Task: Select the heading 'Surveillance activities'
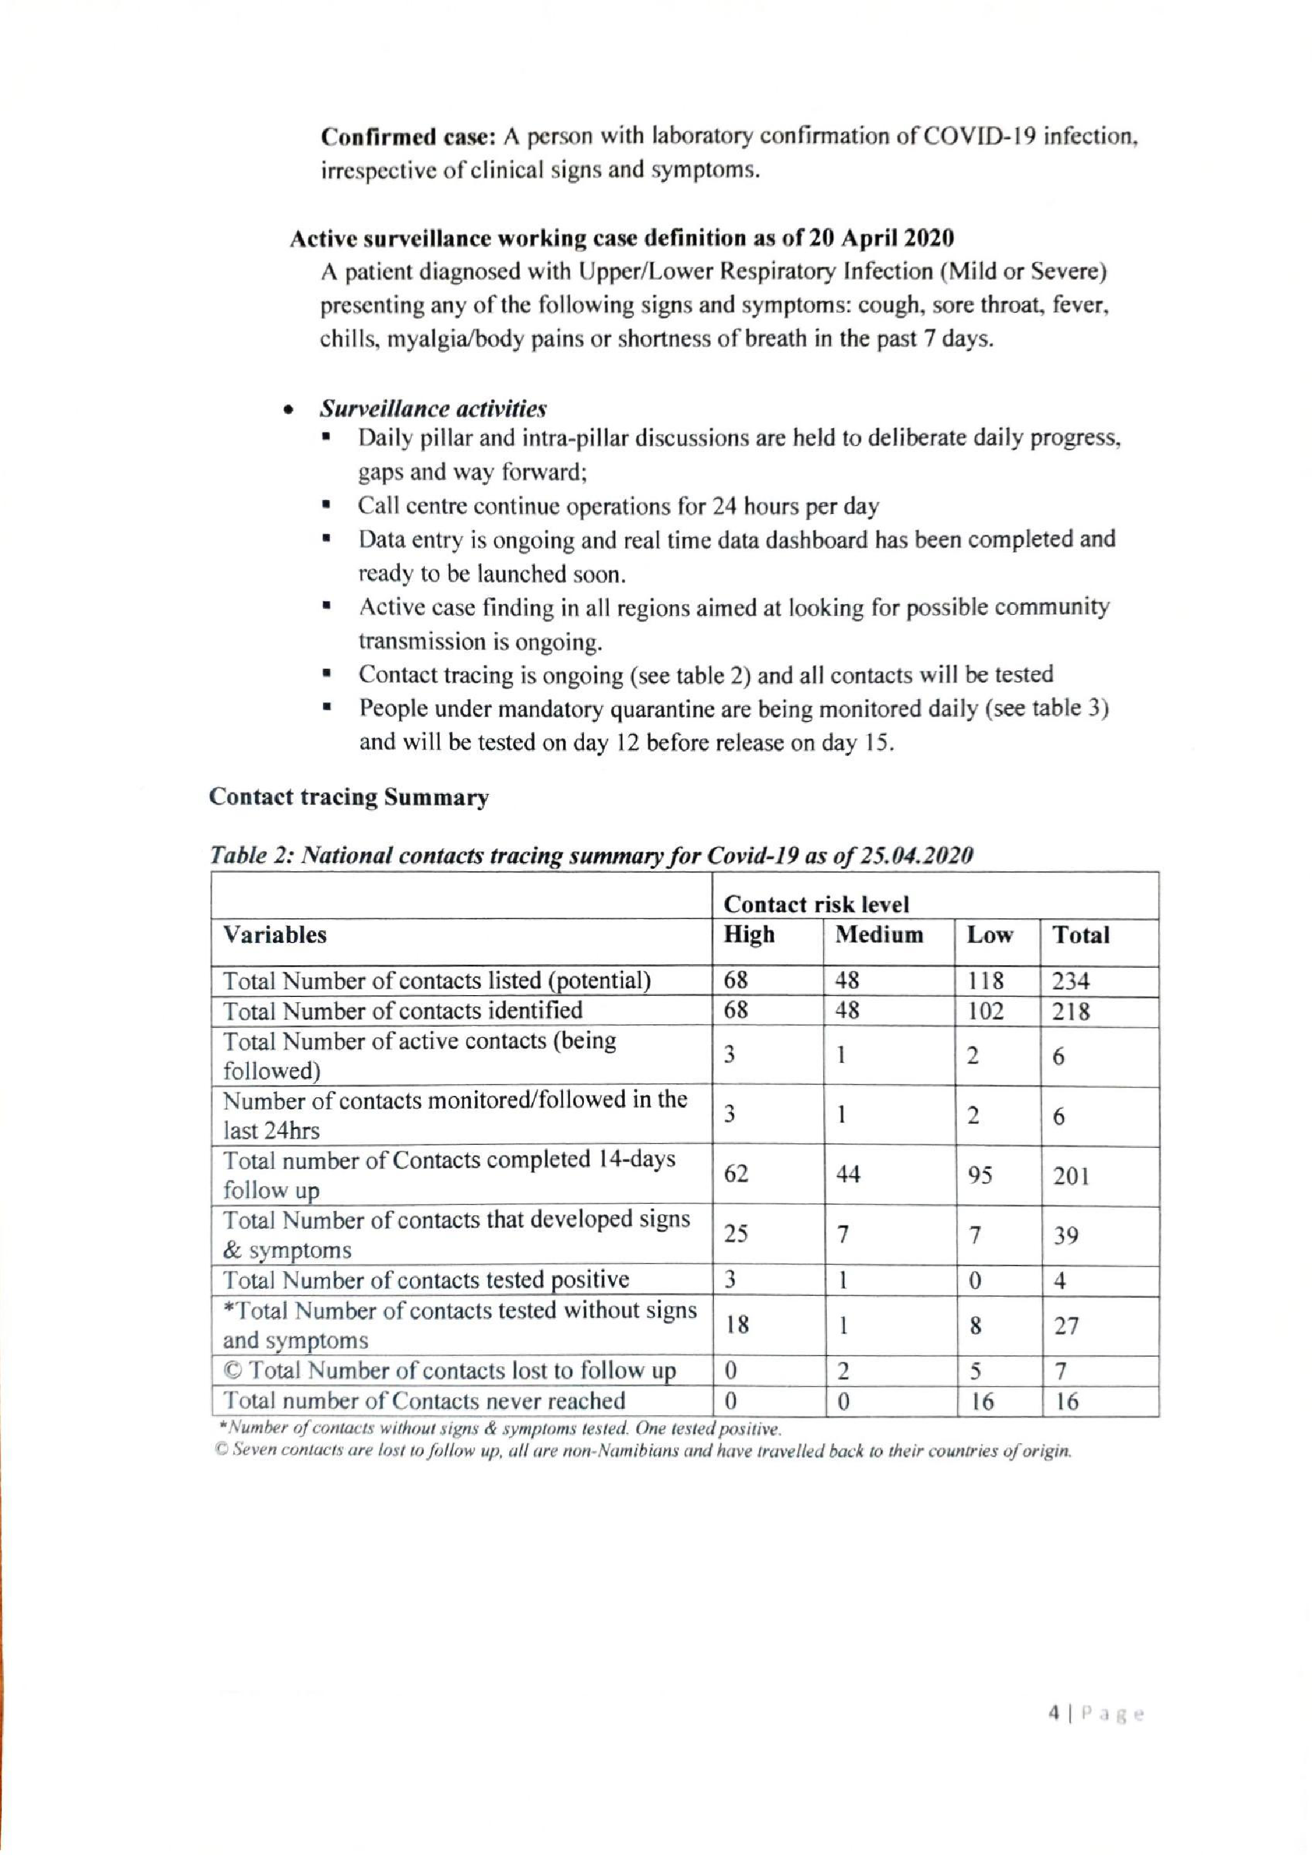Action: tap(433, 408)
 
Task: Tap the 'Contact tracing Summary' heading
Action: tap(349, 798)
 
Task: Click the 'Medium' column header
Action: tap(879, 935)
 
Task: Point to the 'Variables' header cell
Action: tap(275, 935)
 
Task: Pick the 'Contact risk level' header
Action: tap(816, 904)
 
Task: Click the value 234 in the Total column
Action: tap(1070, 981)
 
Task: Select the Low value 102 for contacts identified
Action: tap(986, 1012)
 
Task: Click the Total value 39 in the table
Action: tap(1066, 1236)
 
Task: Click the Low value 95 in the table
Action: tap(980, 1175)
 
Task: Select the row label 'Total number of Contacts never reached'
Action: tap(424, 1400)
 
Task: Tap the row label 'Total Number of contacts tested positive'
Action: tap(426, 1280)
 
